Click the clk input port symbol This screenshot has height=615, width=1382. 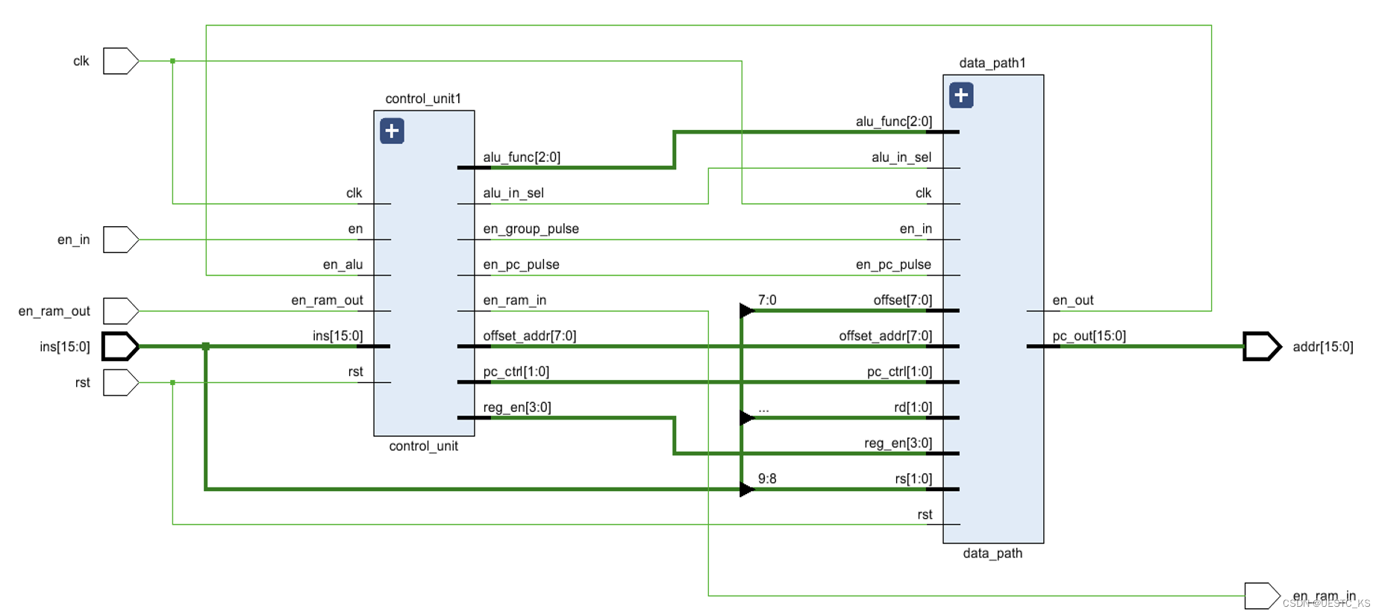(120, 61)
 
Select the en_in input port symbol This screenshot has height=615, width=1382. (120, 240)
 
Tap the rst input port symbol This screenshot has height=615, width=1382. (120, 383)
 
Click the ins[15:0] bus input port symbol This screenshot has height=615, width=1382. (120, 346)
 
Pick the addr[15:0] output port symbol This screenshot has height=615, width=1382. (1261, 346)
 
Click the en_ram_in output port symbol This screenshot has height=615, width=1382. (1261, 596)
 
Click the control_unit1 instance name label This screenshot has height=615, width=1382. (423, 99)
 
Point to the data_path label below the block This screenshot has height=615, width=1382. (992, 553)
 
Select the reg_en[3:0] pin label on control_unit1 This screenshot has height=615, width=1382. (517, 408)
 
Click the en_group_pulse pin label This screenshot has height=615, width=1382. (531, 228)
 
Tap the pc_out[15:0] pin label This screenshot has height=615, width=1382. (1089, 336)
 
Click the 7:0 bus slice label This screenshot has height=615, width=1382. (767, 300)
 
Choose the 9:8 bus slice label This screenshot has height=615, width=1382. (767, 478)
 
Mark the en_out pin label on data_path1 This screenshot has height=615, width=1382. (1072, 300)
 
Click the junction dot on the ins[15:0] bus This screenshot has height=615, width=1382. (206, 346)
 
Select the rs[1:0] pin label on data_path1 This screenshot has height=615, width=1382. (913, 478)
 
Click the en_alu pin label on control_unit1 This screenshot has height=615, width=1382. (343, 264)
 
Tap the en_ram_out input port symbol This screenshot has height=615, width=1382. (120, 311)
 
